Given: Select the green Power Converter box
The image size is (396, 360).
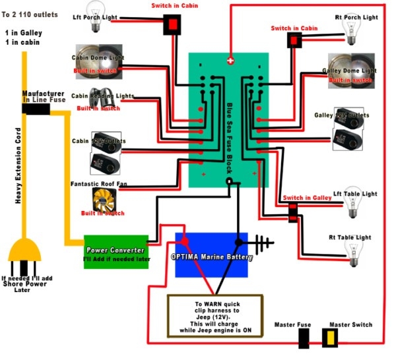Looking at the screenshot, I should (x=115, y=251).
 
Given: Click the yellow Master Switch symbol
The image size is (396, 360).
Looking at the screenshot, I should (x=328, y=338).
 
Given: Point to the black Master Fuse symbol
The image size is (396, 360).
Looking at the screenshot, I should (x=304, y=339).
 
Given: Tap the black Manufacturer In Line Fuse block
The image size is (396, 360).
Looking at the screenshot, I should (x=40, y=107).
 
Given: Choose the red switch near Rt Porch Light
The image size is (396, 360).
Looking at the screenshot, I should (x=292, y=42).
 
